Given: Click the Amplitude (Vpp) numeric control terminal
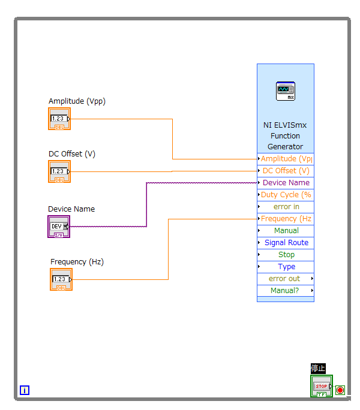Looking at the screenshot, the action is [59, 119].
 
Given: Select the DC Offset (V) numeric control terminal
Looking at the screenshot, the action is [59, 171].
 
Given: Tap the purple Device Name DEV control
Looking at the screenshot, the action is [59, 227].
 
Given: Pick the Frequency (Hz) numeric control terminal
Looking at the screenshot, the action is [61, 279].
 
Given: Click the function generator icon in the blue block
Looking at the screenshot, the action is [286, 91].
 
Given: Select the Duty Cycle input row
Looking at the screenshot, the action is [286, 195].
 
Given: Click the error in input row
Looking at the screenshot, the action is [286, 207].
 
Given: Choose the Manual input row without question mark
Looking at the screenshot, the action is [286, 231].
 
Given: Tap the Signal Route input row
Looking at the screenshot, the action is [286, 243].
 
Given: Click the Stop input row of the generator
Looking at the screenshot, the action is [286, 255].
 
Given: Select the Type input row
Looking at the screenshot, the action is [286, 267].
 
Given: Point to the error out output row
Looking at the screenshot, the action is [286, 279].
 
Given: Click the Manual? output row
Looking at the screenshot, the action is [286, 291].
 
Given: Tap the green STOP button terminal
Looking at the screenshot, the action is [322, 386].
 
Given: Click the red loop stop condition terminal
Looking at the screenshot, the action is [340, 390].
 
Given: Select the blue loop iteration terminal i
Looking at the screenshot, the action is [25, 390].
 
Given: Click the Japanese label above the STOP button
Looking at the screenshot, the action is [318, 369].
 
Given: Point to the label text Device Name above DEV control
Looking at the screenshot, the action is [71, 209].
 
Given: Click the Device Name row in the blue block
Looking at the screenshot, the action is [286, 183].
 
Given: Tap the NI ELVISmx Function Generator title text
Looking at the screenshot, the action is [285, 135].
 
